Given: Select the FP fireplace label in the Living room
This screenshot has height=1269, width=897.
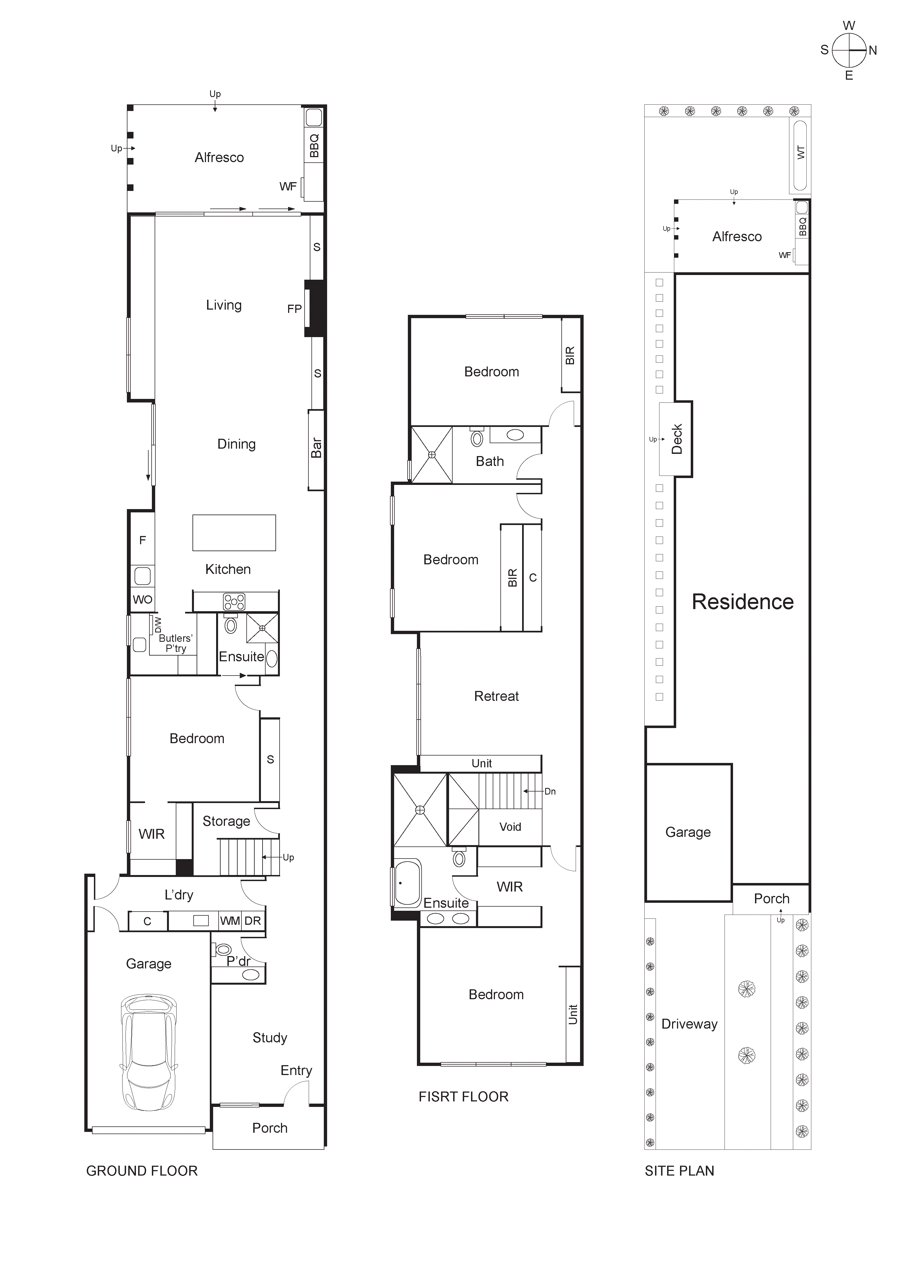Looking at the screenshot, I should (294, 309).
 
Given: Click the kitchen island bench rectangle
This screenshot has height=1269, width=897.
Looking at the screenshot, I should (234, 533).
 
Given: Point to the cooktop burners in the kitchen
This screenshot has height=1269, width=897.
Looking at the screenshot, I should (234, 601).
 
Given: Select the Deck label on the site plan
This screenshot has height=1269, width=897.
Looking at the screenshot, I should (676, 439).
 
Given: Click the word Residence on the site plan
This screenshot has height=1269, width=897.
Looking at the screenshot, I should (742, 602).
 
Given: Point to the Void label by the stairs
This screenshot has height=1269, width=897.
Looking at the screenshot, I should (509, 827).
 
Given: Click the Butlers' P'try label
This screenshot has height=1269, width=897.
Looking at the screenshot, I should (175, 643).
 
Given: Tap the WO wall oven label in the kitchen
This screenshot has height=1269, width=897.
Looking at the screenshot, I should (142, 600).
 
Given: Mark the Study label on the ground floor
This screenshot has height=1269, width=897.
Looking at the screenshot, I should (270, 1038).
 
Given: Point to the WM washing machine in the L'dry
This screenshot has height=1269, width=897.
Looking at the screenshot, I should (230, 921).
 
